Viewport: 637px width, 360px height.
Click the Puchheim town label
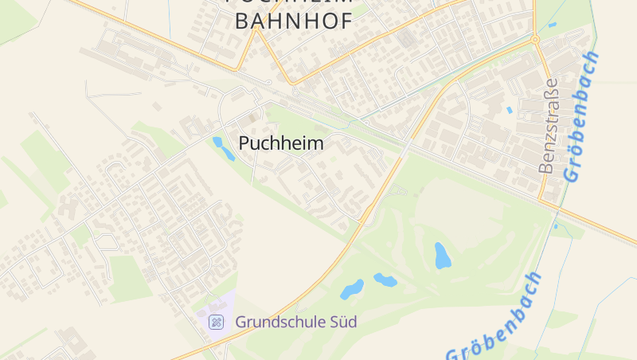tap(281, 144)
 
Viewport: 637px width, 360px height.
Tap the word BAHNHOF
tap(293, 21)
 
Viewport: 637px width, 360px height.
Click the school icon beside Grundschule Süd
tap(216, 323)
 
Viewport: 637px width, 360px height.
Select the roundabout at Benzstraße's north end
tap(534, 39)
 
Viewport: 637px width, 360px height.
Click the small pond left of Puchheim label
tap(222, 148)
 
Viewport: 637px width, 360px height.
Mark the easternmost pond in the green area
tap(442, 255)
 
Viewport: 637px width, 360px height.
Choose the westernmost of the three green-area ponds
tap(352, 288)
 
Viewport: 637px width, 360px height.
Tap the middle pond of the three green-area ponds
tap(385, 280)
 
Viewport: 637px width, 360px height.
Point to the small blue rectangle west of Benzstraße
tap(510, 110)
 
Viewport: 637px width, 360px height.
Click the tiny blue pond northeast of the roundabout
tap(553, 25)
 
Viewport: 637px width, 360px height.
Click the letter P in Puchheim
tap(244, 144)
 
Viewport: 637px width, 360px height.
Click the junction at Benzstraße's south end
tap(542, 199)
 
